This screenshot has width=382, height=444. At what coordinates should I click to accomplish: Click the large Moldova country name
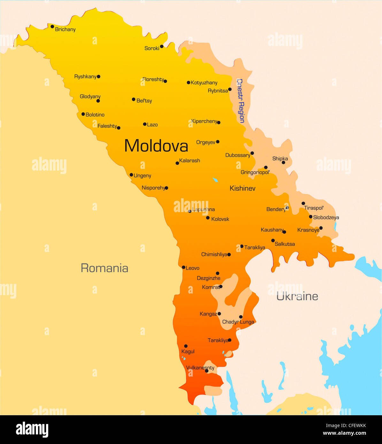point(156,146)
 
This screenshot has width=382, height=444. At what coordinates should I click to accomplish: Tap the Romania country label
point(104,268)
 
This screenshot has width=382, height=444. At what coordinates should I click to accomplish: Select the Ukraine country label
point(297,296)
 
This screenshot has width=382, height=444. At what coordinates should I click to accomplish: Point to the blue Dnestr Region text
point(241,101)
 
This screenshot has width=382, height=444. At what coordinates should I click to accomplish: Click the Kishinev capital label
point(242,188)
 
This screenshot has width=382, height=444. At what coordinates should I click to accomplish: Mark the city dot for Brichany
point(52,27)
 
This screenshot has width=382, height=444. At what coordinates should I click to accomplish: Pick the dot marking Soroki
point(162,46)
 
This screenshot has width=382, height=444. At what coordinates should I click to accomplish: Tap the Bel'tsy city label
point(144,101)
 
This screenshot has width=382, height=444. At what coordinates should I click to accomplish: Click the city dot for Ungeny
point(131,175)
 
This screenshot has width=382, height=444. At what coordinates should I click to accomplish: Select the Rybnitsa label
point(218,91)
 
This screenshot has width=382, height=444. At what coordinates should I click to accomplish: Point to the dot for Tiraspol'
point(303,203)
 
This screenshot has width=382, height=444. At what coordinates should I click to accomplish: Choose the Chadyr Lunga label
point(238,322)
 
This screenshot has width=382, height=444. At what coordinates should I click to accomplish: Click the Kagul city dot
point(186,346)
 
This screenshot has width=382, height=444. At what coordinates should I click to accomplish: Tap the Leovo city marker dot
point(184,267)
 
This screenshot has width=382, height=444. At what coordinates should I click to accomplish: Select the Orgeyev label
point(206,142)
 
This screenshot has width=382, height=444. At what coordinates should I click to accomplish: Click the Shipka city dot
point(283,163)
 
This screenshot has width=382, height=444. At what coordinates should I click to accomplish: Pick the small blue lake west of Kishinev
point(215,180)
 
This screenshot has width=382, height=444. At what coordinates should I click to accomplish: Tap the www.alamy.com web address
point(344,433)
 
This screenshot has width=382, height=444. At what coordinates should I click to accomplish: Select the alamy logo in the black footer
point(32,429)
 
